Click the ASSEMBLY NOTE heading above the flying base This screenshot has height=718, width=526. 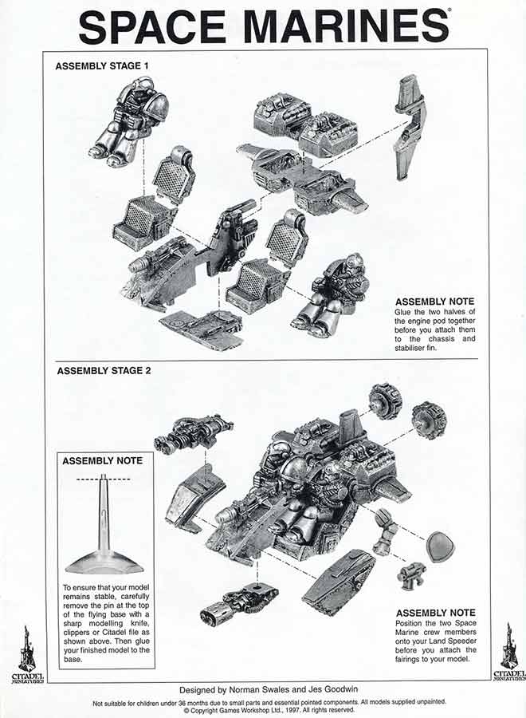pos(102,461)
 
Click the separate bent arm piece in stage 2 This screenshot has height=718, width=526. pos(385,531)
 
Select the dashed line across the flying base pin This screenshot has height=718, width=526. pos(104,479)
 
